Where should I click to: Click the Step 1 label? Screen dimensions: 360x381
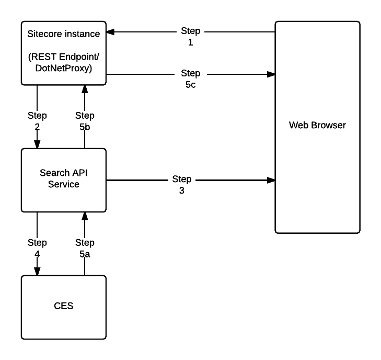pos(190,37)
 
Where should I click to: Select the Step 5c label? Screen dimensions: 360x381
pos(190,78)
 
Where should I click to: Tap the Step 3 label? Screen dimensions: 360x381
pos(182,185)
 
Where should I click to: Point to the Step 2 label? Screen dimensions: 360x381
pos(37,120)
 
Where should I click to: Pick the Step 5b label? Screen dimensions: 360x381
pos(85,120)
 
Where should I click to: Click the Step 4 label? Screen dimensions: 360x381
pos(37,247)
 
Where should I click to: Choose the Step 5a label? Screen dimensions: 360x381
pos(85,247)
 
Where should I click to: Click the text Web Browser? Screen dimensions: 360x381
pos(317,126)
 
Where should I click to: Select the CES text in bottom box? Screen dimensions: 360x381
pos(63,305)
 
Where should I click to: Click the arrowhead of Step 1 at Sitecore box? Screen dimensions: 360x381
pos(111,31)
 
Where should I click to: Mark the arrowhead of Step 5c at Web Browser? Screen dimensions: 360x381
pos(271,74)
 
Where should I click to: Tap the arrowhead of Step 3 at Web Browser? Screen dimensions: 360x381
pos(271,181)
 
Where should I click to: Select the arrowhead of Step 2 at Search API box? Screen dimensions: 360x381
pos(37,144)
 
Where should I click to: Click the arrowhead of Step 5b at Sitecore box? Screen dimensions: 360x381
pos(85,88)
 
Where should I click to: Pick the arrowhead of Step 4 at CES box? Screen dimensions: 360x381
pos(37,272)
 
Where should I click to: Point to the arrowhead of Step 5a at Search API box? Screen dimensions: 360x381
pos(85,216)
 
